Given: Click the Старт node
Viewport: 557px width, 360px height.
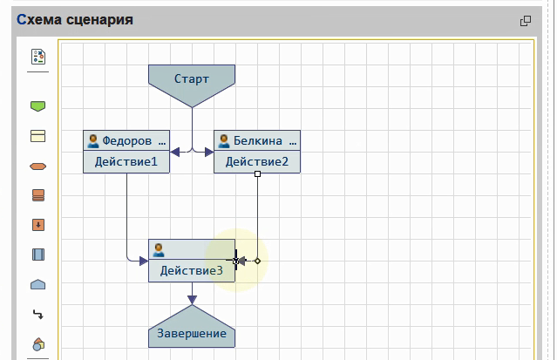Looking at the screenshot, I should point(192,79).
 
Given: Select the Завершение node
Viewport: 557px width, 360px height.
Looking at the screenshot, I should point(192,332).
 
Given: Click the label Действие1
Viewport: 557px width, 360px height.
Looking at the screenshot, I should point(126,161).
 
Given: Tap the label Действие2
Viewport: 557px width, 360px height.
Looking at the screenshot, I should point(256,161).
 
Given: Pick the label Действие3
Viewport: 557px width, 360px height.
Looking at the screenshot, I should point(191,270).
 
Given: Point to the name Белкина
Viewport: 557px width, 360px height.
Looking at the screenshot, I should point(259,140).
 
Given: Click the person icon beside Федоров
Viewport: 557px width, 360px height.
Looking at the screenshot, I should point(93,140).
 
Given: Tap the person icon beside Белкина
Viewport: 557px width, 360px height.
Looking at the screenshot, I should point(224,140).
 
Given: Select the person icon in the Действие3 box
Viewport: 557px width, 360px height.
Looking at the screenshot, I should point(159,249).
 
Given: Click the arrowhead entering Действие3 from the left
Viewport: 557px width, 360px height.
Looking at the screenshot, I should point(143,260).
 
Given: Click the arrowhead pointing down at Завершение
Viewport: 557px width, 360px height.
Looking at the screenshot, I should point(192,300).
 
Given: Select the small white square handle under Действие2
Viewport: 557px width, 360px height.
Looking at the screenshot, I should point(257,174).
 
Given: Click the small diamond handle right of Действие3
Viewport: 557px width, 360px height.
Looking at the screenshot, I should point(257,261).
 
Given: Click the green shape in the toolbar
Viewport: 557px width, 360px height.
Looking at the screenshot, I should point(37,106).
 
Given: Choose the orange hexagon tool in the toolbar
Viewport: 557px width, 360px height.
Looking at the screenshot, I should point(37,166).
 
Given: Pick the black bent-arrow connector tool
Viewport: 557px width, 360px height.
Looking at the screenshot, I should point(37,314).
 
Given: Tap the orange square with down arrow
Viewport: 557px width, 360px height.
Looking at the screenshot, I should point(37,225).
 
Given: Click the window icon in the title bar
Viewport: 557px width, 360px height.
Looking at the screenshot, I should point(526,21).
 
